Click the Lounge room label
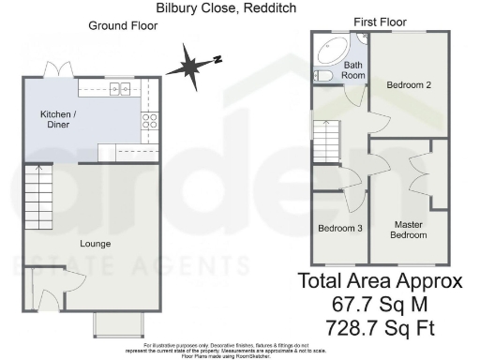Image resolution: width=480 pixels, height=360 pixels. click(96, 245)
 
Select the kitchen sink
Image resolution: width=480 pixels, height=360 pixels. click(119, 90)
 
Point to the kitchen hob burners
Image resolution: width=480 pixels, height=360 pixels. click(148, 120)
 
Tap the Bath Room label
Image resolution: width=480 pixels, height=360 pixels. click(352, 69)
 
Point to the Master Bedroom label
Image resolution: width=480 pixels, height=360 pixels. click(410, 230)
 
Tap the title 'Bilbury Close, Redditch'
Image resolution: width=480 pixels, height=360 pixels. click(234, 7)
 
